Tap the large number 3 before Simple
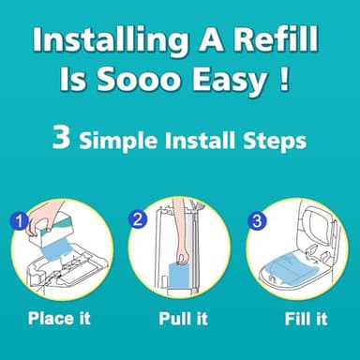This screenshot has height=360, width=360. pyautogui.click(x=61, y=142)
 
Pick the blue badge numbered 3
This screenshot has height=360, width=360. pyautogui.click(x=256, y=223)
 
